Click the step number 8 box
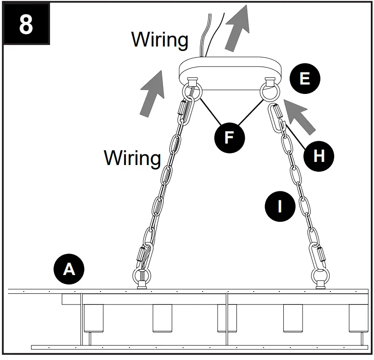[26, 25]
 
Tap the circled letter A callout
[69, 269]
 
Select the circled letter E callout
[304, 79]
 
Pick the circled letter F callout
[229, 137]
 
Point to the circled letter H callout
[319, 156]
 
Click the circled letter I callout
[280, 206]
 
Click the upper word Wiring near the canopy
[160, 39]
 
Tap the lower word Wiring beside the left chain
[132, 157]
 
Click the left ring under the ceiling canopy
[193, 92]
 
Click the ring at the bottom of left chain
[142, 275]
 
